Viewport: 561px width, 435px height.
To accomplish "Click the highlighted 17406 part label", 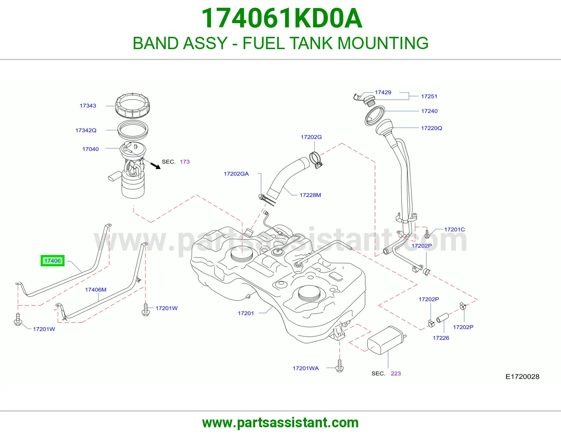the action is point(52,261).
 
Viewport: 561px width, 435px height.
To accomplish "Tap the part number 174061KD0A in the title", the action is point(282,18).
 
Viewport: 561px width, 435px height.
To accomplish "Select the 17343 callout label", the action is point(88,106).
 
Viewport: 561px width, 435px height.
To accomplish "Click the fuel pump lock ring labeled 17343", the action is point(133,106).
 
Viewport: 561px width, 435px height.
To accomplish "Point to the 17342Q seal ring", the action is point(133,130).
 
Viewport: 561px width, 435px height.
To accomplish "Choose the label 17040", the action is point(90,149).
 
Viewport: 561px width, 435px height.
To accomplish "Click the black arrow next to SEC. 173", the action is point(155,166).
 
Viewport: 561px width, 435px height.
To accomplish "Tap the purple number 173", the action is point(184,162).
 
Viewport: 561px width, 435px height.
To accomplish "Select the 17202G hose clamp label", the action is point(311,137).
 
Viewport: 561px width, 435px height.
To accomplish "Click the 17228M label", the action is point(310,195).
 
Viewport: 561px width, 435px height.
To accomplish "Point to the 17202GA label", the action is point(236,174).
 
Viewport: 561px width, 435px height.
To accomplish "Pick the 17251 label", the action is point(429,96).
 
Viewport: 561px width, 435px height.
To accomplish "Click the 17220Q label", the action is point(431,128).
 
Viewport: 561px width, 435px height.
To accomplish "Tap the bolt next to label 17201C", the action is point(427,234).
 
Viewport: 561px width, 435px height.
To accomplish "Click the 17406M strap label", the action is point(95,289).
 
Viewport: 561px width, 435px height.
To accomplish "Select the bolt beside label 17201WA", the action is point(339,366).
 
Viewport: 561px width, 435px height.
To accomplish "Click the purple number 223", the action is point(396,374).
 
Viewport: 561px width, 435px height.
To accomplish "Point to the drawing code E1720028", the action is point(522,377).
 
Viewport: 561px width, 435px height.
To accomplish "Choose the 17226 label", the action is point(441,338).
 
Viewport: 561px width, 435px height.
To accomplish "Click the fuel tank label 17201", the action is point(246,313).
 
